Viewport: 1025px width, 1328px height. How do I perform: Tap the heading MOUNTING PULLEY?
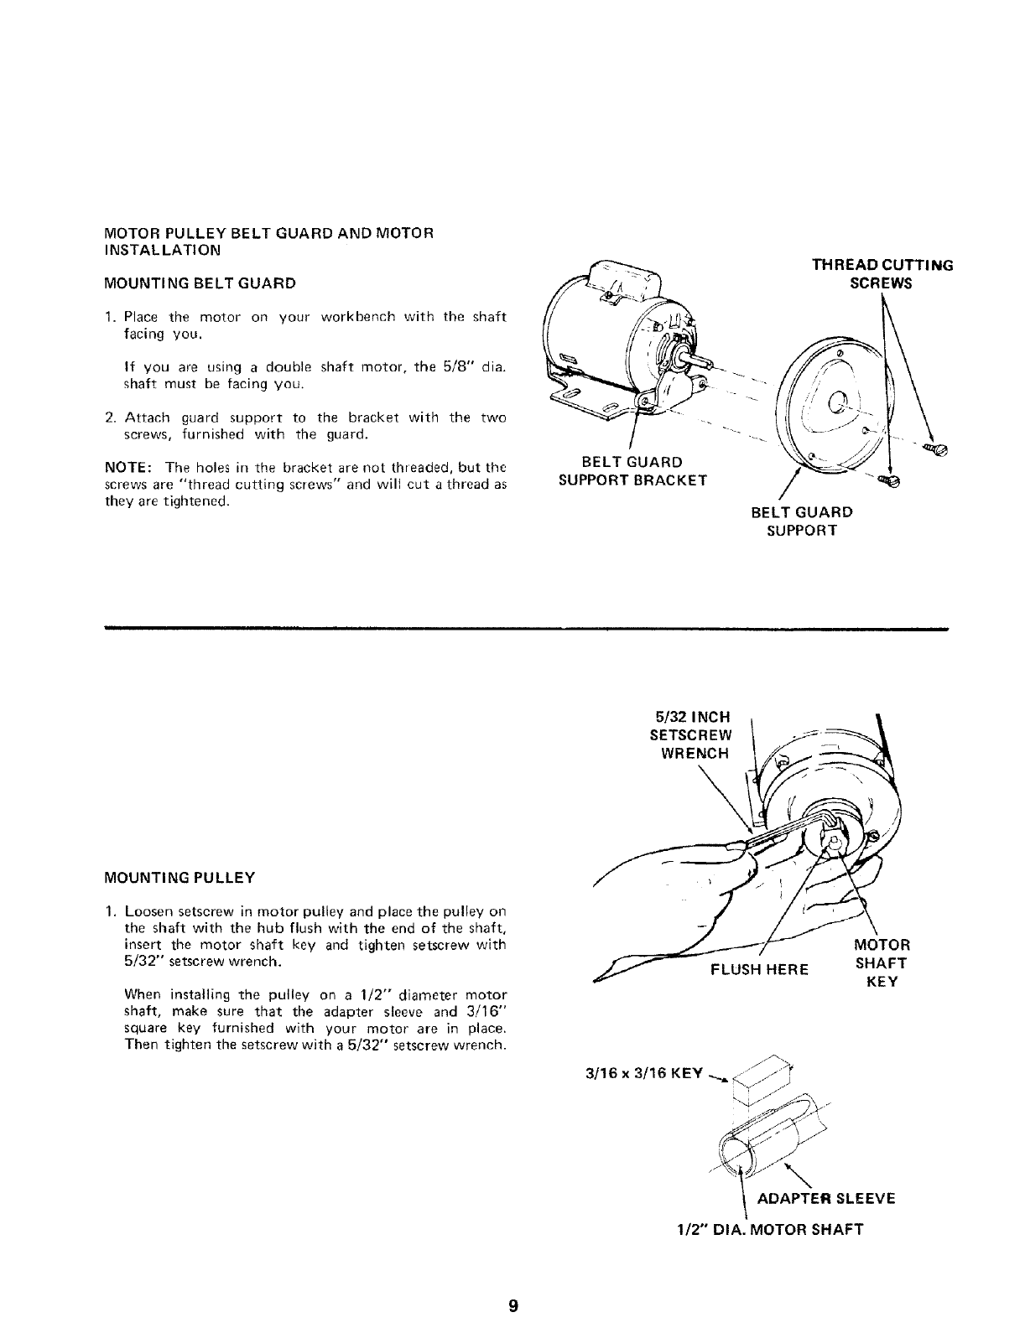point(179,878)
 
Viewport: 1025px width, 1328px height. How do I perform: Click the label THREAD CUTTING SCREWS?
point(882,274)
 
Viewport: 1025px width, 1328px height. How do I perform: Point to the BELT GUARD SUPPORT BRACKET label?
point(632,471)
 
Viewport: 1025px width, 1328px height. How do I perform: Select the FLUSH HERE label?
point(759,969)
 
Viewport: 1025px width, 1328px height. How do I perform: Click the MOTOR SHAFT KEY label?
point(881,963)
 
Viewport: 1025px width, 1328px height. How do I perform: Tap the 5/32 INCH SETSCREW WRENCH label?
point(691,734)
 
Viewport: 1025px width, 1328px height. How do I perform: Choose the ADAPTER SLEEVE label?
point(825,1198)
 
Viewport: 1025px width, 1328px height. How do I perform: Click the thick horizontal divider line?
point(526,627)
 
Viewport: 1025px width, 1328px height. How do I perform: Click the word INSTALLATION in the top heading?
point(162,250)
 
